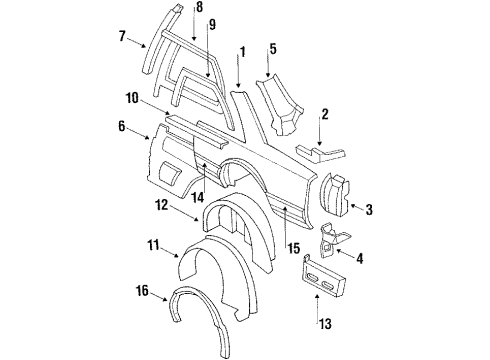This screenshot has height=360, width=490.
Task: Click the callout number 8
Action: point(199,8)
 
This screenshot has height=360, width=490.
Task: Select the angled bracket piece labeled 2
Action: point(320,152)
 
